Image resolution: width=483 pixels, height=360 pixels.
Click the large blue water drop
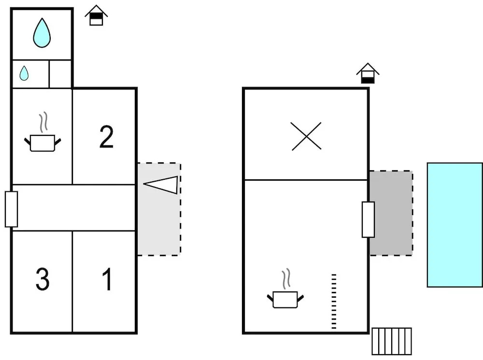(42, 33)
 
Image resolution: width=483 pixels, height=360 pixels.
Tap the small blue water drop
(24, 73)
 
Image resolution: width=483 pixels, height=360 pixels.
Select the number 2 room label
(106, 137)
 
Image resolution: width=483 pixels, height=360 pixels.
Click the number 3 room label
(43, 279)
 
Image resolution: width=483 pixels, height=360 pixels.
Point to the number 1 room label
(107, 279)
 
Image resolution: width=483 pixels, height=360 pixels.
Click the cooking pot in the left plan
(43, 142)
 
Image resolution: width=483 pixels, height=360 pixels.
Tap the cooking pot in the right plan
(285, 299)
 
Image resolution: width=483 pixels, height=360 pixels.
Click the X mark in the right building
(306, 136)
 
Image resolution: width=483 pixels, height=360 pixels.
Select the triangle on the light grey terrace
(162, 185)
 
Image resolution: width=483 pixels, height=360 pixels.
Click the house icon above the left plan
(96, 16)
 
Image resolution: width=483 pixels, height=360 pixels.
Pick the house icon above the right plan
(368, 74)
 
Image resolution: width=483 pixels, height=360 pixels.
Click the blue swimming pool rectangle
(455, 225)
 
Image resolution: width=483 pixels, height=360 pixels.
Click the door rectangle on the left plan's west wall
(11, 209)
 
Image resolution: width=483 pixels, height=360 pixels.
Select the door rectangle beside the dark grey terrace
(368, 219)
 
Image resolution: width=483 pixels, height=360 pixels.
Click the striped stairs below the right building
(392, 341)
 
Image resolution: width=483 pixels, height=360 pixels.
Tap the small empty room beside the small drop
(60, 74)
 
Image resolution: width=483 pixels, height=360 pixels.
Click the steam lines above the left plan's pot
(44, 122)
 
